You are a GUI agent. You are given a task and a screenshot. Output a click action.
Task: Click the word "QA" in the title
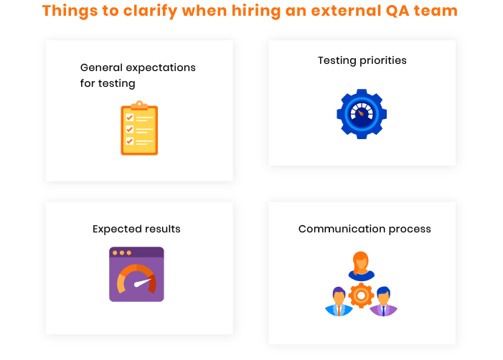(398, 11)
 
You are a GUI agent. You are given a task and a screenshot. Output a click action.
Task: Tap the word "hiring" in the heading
(256, 11)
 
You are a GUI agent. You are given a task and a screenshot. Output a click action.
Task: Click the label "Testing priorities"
(362, 60)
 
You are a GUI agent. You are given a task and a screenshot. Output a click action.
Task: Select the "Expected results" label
(136, 229)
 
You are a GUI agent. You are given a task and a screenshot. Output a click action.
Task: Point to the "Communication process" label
(365, 229)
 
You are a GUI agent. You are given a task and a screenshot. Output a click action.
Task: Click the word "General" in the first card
(101, 67)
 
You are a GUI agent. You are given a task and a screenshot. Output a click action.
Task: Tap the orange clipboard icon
(139, 128)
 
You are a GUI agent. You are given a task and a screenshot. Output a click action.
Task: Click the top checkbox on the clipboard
(130, 118)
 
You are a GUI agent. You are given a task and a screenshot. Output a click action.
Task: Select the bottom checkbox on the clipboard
(130, 141)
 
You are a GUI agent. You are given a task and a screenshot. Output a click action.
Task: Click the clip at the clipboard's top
(139, 105)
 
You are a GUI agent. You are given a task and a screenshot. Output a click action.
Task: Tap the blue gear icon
(362, 114)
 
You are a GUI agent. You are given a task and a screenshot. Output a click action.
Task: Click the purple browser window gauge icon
(136, 274)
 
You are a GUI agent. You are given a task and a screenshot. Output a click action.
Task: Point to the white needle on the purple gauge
(142, 283)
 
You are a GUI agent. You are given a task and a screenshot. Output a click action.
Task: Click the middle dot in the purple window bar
(122, 253)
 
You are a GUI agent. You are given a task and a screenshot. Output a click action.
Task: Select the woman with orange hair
(361, 266)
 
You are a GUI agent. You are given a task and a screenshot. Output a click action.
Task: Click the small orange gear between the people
(361, 295)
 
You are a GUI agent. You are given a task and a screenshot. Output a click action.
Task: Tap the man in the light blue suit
(339, 302)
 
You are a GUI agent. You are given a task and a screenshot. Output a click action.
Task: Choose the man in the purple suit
(383, 302)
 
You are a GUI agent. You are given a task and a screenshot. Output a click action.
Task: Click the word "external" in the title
(346, 11)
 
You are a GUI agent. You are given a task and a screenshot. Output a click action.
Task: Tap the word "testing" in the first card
(116, 84)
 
